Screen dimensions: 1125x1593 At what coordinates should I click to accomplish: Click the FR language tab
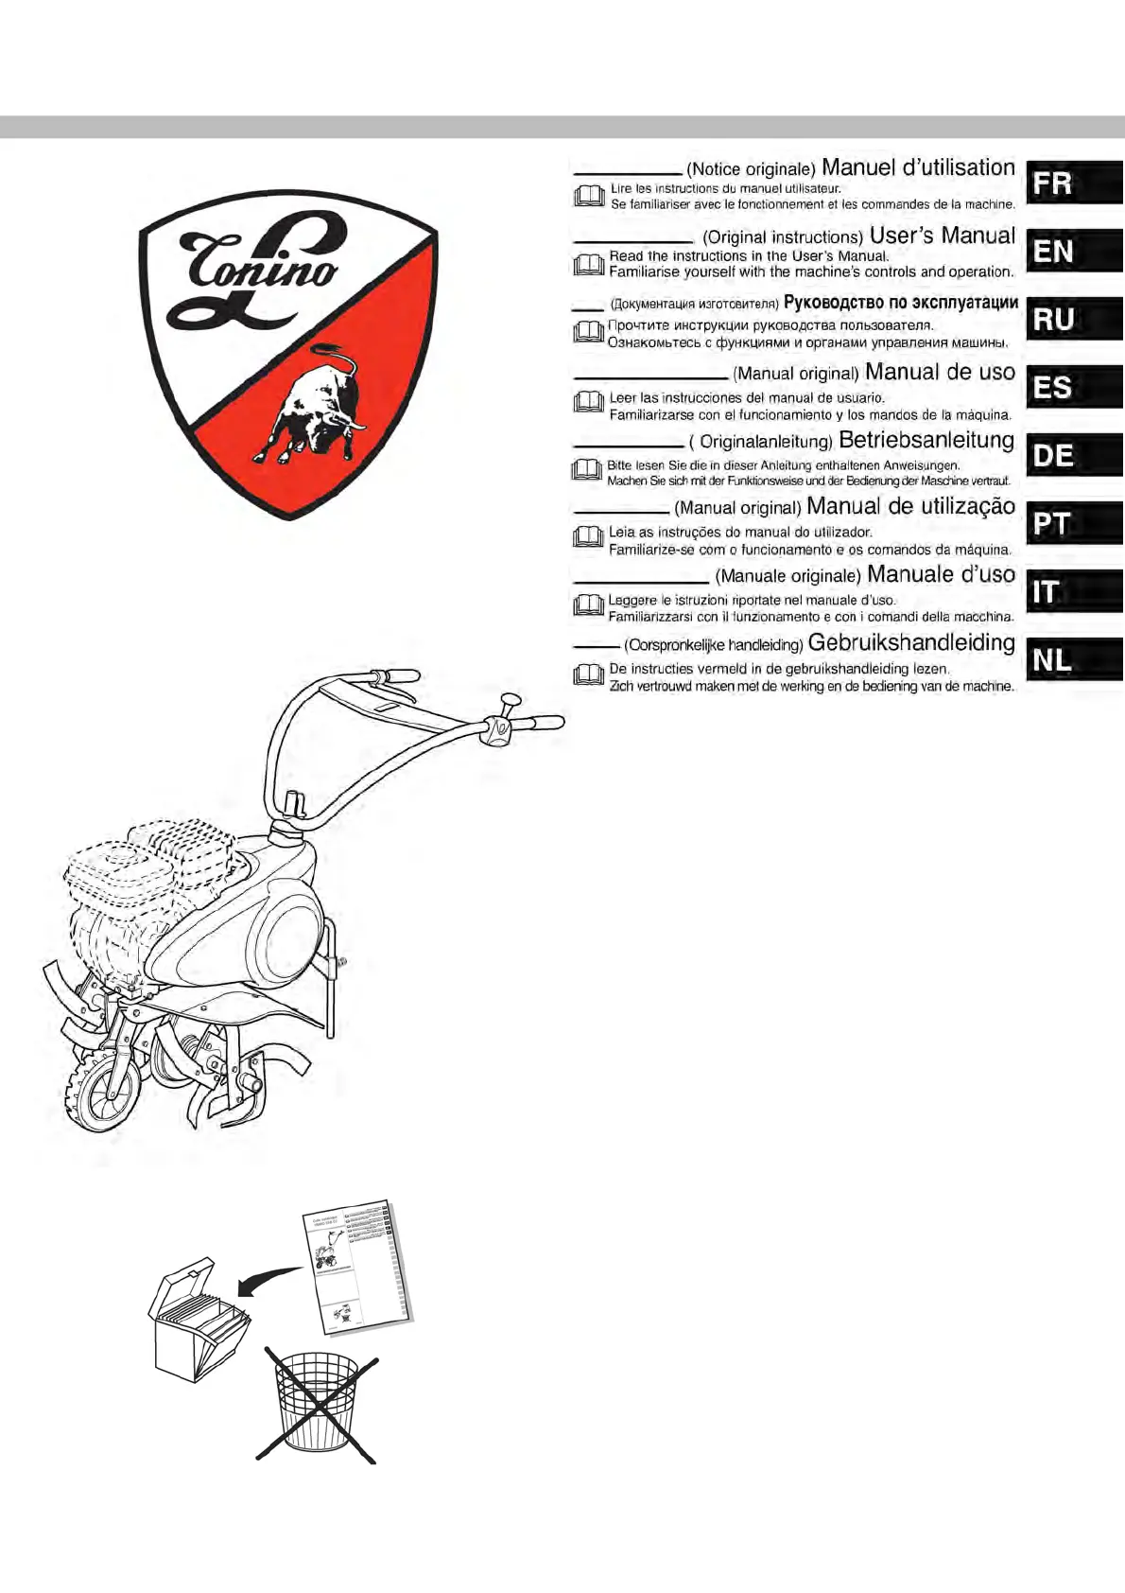pos(1075,182)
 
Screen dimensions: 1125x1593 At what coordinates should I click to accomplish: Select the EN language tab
pos(1075,251)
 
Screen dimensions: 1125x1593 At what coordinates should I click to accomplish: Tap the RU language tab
pos(1075,319)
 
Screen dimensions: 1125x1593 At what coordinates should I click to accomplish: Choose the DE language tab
pos(1075,455)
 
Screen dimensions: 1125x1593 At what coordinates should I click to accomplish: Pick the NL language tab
pos(1075,660)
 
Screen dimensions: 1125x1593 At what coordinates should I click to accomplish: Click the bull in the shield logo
pos(310,402)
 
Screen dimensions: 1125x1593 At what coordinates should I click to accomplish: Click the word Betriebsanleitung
pos(926,440)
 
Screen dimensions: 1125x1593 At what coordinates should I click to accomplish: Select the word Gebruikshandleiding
pos(911,642)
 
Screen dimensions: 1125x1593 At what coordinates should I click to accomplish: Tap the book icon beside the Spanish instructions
pos(588,402)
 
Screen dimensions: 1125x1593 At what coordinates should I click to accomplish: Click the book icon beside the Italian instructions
pos(588,605)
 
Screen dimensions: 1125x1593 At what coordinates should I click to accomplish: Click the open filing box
pos(198,1320)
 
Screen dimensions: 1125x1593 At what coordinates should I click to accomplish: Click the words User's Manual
pos(943,236)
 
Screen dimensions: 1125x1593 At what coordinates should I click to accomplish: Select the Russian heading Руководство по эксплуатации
pos(900,303)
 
